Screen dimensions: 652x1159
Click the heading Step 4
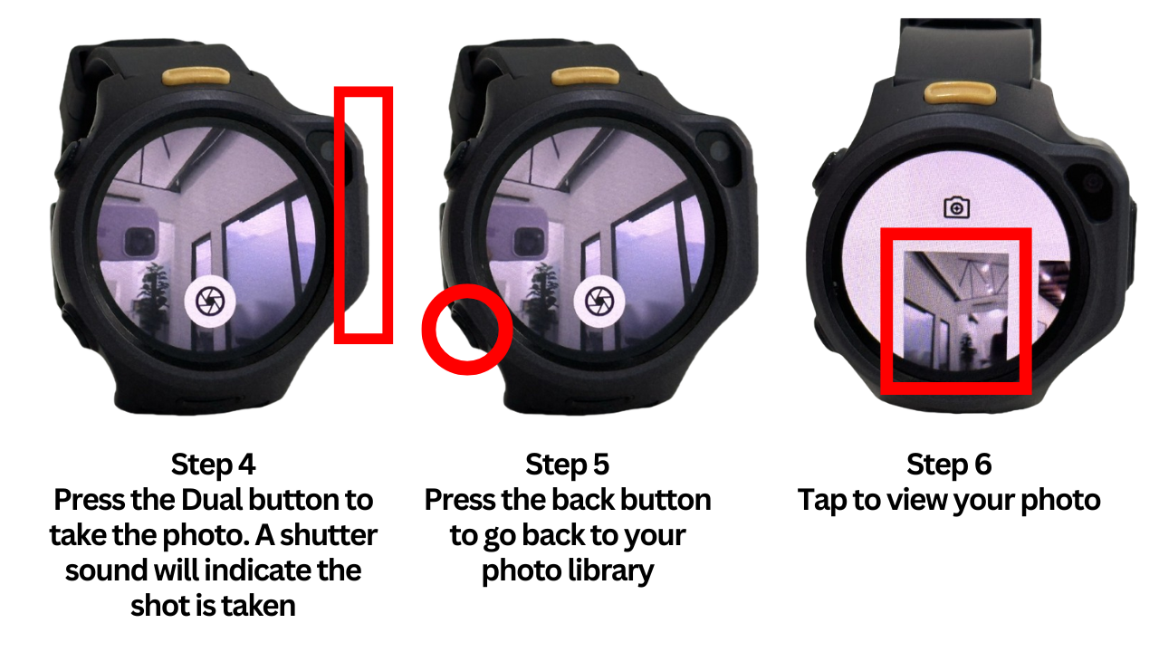[x=213, y=465]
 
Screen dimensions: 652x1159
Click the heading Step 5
[x=568, y=465]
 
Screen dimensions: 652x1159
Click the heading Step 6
[x=949, y=465]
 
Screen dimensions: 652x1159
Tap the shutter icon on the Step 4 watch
[x=212, y=300]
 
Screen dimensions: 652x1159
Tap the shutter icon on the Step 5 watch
[x=598, y=300]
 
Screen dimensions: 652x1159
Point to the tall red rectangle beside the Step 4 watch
[x=363, y=216]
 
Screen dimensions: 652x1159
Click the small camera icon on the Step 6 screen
[x=955, y=208]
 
